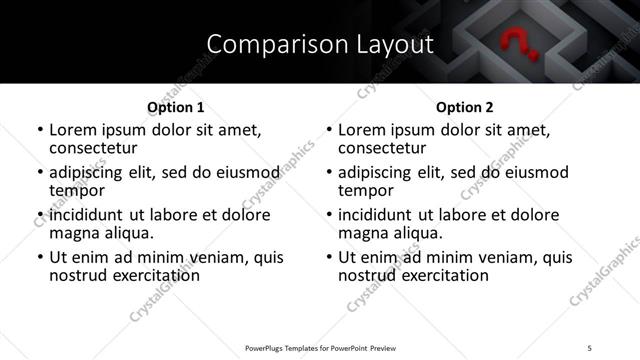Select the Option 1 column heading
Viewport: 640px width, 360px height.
[175, 106]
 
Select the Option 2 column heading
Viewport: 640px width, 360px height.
[464, 106]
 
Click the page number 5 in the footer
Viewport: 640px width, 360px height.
[591, 347]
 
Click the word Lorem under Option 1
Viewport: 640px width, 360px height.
[72, 129]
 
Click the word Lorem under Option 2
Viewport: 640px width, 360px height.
[361, 129]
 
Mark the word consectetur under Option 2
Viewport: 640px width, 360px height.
[383, 147]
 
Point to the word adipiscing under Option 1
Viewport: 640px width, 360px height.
[89, 172]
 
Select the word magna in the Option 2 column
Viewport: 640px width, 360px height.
[362, 233]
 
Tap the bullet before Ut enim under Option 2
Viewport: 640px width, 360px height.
[331, 258]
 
